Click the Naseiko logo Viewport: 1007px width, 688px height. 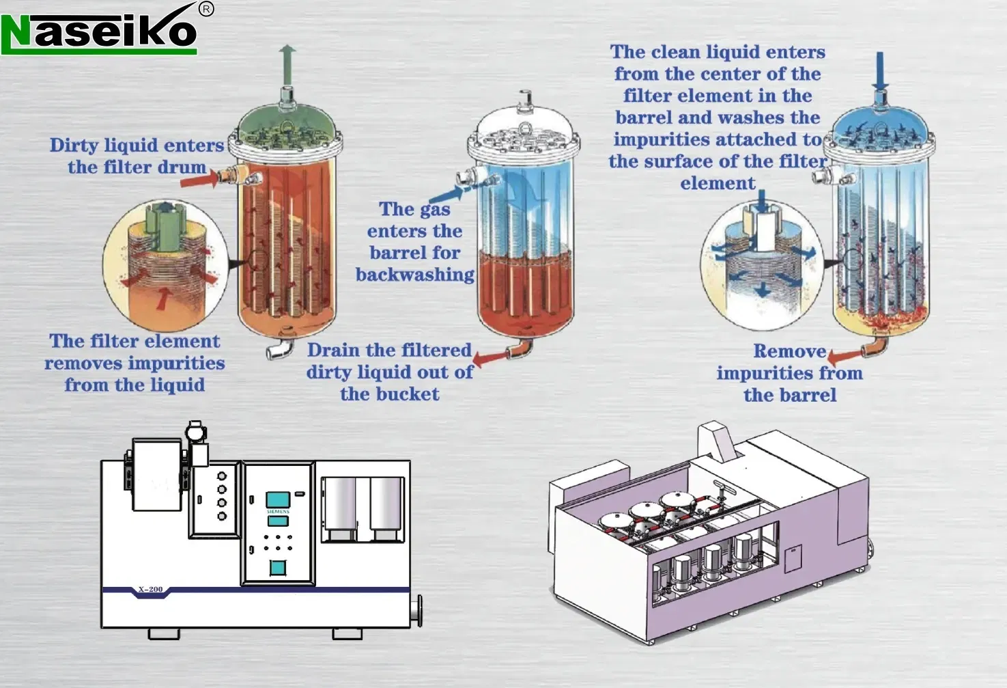tap(99, 31)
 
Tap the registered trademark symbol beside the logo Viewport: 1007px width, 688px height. tap(206, 9)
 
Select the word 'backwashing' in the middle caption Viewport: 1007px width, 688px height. tap(414, 275)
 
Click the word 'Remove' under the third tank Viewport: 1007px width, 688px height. tap(789, 351)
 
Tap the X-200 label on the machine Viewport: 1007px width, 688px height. tap(150, 589)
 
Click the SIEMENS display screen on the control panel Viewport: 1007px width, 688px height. tap(278, 500)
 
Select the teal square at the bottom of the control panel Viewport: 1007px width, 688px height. tap(277, 567)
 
